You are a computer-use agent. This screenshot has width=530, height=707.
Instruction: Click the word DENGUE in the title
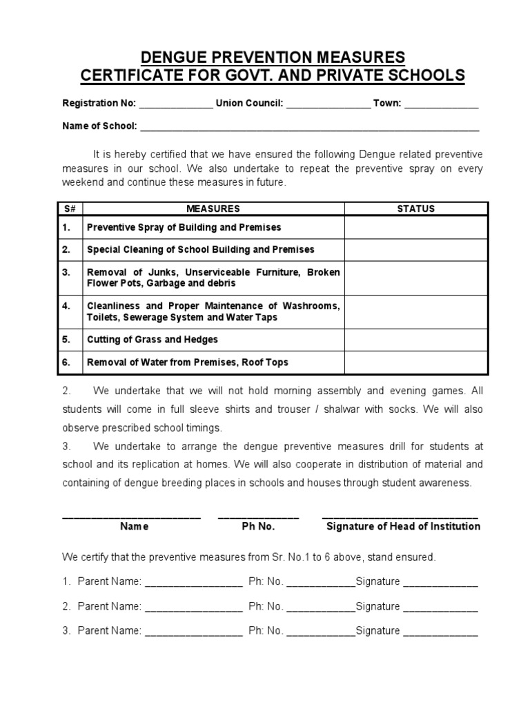click(x=172, y=57)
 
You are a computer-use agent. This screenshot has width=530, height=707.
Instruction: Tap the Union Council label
click(x=249, y=103)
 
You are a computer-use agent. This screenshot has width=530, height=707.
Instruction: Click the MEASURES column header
click(x=213, y=209)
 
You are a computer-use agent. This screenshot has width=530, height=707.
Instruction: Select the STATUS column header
click(x=416, y=209)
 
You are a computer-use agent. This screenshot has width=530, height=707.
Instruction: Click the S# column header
click(x=68, y=209)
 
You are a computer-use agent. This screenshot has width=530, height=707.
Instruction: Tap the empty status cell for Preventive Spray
click(x=416, y=227)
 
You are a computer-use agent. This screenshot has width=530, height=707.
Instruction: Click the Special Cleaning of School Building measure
click(x=200, y=249)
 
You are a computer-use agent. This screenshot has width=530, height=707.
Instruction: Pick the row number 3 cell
click(x=68, y=272)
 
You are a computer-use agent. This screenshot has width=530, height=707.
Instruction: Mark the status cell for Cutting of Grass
click(x=416, y=340)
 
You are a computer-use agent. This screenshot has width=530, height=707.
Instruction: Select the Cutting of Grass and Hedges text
click(x=152, y=340)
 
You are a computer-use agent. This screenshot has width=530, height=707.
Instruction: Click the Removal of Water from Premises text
click(x=187, y=362)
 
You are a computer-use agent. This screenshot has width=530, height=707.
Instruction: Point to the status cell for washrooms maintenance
click(x=416, y=311)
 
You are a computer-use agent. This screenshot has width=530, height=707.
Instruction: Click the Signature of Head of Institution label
click(x=403, y=526)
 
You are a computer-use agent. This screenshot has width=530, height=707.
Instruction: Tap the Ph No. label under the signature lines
click(x=258, y=526)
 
